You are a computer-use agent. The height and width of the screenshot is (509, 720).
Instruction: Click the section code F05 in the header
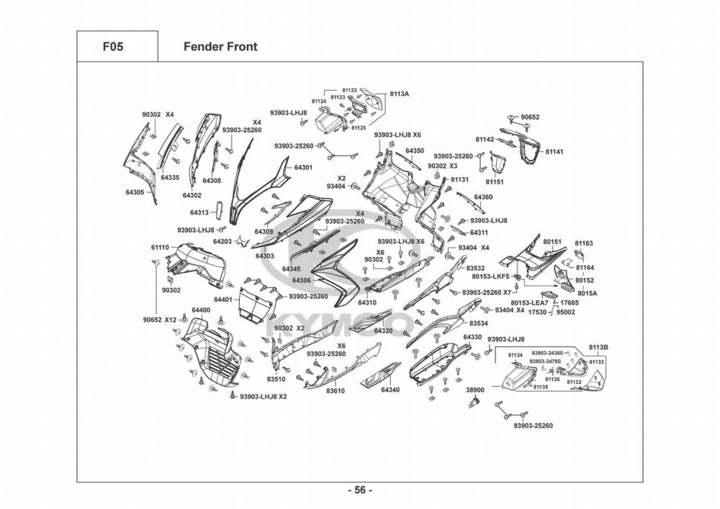[x=113, y=47]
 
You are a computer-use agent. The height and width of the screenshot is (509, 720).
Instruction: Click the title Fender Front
[x=220, y=47]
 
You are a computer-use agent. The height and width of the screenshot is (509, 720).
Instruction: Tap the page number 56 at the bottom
[x=360, y=490]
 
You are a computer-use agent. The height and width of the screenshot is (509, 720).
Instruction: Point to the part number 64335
[x=170, y=177]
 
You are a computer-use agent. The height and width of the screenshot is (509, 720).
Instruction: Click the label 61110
[x=160, y=247]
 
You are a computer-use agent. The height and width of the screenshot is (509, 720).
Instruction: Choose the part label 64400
[x=201, y=310]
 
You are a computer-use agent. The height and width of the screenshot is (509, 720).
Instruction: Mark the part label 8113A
[x=400, y=94]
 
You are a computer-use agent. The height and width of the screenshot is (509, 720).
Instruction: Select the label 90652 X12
[x=160, y=320]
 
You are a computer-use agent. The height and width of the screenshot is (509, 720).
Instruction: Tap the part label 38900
[x=476, y=389]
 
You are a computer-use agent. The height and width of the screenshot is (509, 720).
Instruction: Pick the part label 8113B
[x=599, y=347]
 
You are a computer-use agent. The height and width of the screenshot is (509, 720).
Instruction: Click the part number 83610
[x=336, y=391]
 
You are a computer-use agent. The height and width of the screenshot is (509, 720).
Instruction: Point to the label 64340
[x=390, y=390]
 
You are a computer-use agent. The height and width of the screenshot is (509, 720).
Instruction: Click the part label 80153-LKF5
[x=490, y=276]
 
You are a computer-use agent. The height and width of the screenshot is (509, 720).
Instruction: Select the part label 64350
[x=414, y=151]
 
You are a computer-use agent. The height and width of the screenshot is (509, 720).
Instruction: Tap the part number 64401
[x=222, y=299]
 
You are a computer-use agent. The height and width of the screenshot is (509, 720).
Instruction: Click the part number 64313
[x=199, y=212]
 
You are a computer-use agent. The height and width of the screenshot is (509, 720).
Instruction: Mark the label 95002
[x=565, y=312]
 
